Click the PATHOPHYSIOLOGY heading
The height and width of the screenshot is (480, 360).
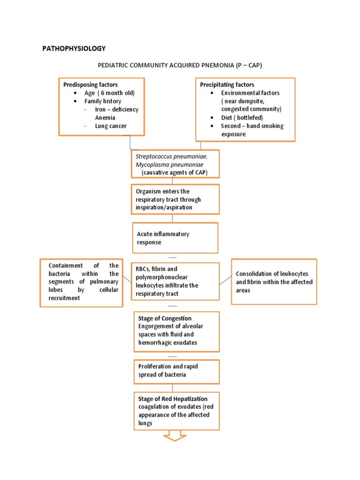pyautogui.click(x=74, y=48)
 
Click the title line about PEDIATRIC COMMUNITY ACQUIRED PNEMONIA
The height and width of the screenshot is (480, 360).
pyautogui.click(x=180, y=66)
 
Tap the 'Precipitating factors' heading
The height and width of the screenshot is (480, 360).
pyautogui.click(x=227, y=85)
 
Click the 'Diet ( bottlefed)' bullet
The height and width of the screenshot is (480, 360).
pyautogui.click(x=242, y=118)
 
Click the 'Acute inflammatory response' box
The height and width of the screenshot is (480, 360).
pyautogui.click(x=175, y=238)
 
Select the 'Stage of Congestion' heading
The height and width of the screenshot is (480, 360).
pyautogui.click(x=165, y=318)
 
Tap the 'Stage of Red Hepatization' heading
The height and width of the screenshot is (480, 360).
pyautogui.click(x=172, y=399)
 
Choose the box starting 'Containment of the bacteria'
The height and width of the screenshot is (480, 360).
pyautogui.click(x=81, y=282)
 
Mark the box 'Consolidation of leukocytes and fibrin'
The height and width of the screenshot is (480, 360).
pyautogui.click(x=274, y=282)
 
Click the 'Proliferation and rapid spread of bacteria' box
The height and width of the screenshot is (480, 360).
pyautogui.click(x=175, y=370)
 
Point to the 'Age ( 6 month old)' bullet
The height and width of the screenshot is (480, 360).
pyautogui.click(x=109, y=93)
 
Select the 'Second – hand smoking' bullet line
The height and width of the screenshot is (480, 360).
pyautogui.click(x=252, y=126)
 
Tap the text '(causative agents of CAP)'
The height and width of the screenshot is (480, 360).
pyautogui.click(x=174, y=173)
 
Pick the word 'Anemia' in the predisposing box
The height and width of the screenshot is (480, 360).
pyautogui.click(x=106, y=118)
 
